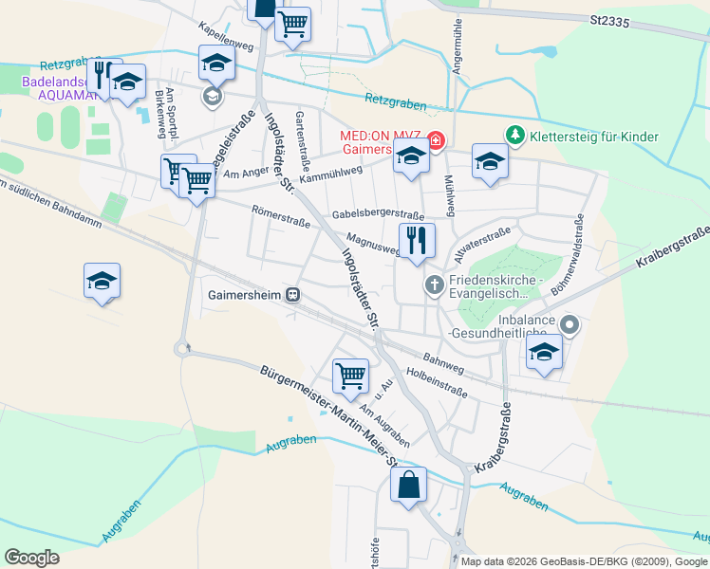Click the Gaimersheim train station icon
pos(294,295)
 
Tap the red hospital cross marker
pos(436,142)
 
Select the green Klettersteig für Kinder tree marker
pos(514,137)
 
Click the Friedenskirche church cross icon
pos(434,284)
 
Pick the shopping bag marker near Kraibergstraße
pos(408,486)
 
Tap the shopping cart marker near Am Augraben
pos(351,376)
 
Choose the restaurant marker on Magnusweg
pos(416,242)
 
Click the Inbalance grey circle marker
pos(570,325)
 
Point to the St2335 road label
pos(610,19)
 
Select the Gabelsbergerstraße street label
pos(378,215)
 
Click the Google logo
pos(32,558)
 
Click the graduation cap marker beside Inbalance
pos(544,352)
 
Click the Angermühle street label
pos(458,47)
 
